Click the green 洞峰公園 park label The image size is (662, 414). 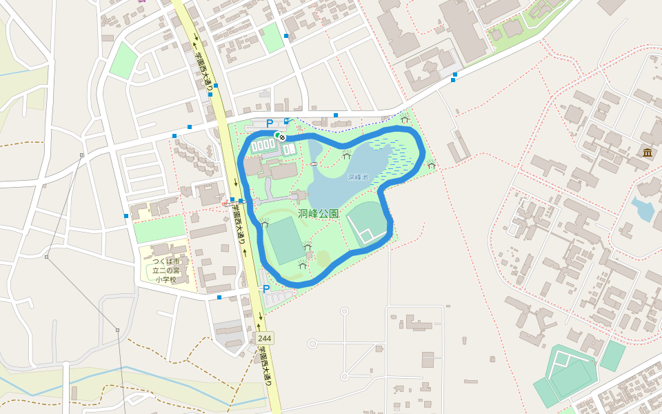[319, 214]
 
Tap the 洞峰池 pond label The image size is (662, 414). [358, 177]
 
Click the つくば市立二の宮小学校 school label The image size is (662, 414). [165, 270]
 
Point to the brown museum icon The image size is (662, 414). [647, 152]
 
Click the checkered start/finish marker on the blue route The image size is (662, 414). [281, 137]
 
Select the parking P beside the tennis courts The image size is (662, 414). [269, 124]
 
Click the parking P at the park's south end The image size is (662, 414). [265, 289]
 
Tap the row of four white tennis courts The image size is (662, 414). [262, 146]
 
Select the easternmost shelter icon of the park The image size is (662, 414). [432, 164]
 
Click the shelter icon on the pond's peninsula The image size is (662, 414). [346, 155]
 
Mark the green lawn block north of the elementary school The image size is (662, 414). [159, 229]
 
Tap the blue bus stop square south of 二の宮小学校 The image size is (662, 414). [219, 297]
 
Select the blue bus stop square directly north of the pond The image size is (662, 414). [335, 115]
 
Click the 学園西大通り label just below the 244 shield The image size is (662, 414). [264, 366]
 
